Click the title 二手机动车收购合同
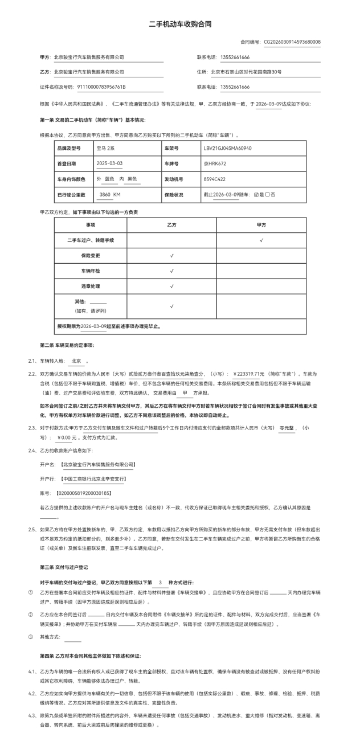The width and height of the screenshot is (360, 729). coord(179,24)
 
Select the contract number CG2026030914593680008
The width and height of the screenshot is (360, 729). coord(292,42)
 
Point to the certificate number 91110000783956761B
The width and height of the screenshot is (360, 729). coord(101,87)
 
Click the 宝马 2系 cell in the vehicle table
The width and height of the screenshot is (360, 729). coord(105,148)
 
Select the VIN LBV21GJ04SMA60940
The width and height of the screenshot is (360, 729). coord(227,148)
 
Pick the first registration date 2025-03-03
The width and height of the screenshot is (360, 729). coord(109,163)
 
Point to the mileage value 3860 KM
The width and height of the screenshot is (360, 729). coord(110,195)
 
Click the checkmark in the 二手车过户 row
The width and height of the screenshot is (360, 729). coord(261,240)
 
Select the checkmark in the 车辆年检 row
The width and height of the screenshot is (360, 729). coord(171,271)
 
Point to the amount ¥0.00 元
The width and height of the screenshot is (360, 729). coord(67,438)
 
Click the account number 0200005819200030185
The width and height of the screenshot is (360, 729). coord(83,493)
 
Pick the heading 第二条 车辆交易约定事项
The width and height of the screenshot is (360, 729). coord(67,346)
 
